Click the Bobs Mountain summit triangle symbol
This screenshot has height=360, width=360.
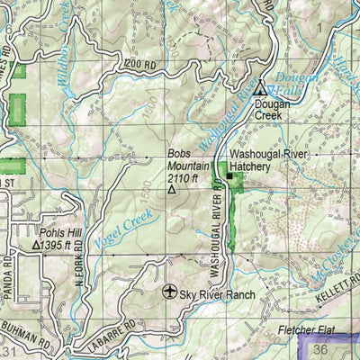(x=172, y=190)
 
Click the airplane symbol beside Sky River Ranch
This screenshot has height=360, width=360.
(x=169, y=292)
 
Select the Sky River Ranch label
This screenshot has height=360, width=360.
(x=218, y=294)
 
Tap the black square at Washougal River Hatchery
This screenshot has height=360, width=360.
(x=229, y=175)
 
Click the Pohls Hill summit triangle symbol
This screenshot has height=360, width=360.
(x=37, y=245)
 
